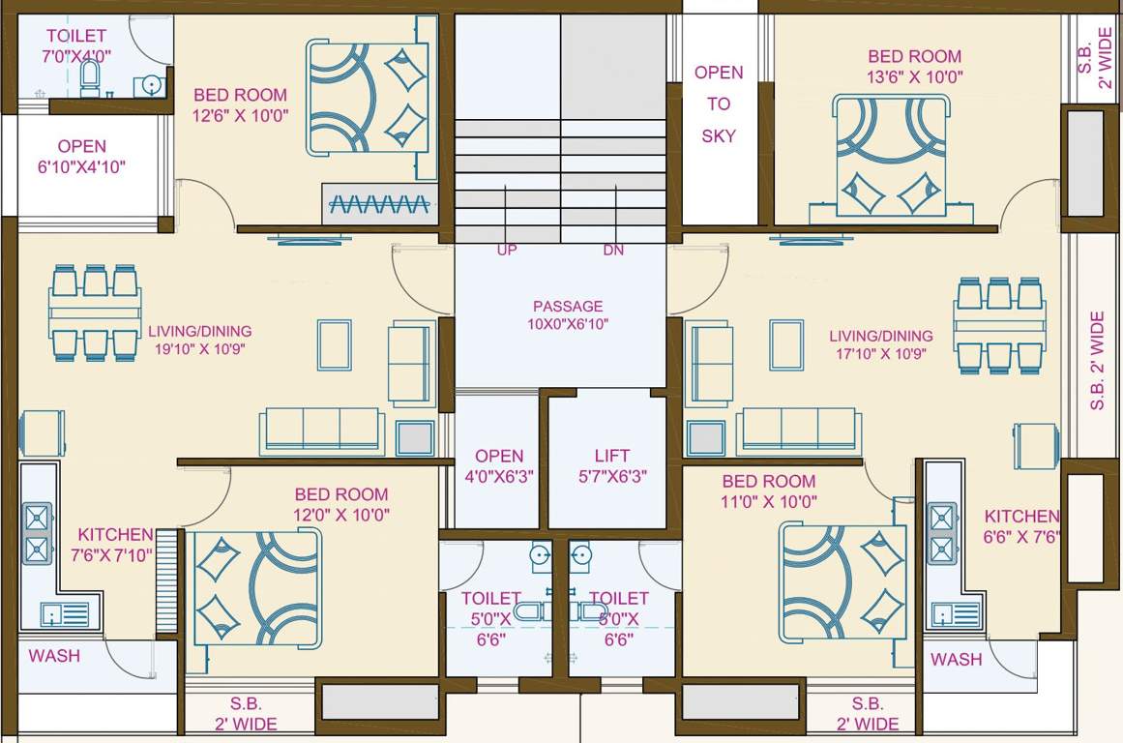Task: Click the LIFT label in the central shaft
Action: tap(611, 465)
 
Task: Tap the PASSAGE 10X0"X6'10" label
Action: tap(568, 315)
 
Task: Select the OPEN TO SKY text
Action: tap(719, 104)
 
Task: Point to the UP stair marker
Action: tap(507, 251)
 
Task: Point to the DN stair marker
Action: tap(613, 251)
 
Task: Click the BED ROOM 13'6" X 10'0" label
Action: tap(914, 67)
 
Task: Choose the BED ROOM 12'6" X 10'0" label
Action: tap(240, 104)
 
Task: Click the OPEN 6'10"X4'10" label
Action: tap(81, 156)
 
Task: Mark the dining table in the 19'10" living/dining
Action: tap(95, 312)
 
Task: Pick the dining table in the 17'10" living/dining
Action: tap(999, 325)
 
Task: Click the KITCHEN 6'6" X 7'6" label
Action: tap(1021, 526)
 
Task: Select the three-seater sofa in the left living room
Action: tap(321, 431)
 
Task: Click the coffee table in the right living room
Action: tap(786, 344)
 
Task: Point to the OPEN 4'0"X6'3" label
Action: tap(499, 465)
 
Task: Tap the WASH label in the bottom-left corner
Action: tap(54, 656)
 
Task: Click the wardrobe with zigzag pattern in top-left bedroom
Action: tap(379, 204)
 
